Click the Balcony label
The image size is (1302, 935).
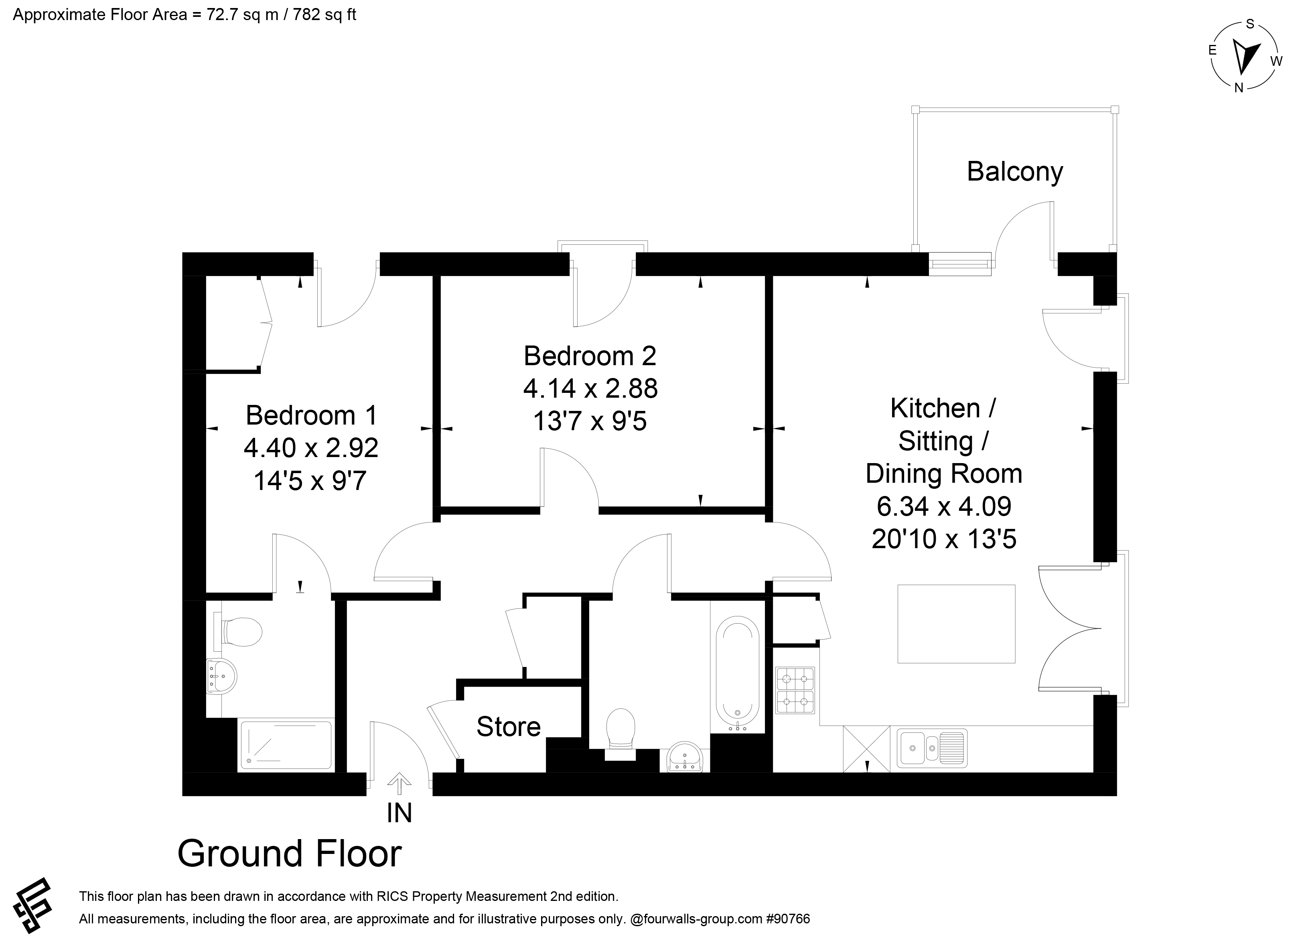(1014, 172)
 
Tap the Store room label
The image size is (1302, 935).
(509, 726)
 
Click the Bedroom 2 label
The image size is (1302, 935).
(590, 356)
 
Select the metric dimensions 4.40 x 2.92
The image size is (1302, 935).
(311, 448)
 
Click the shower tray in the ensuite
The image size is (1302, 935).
(285, 745)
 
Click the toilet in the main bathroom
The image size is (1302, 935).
(621, 734)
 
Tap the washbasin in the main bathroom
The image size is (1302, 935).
(685, 757)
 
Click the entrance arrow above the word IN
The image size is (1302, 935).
(399, 783)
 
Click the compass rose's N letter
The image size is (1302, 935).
(1239, 88)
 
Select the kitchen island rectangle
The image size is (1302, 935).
(956, 624)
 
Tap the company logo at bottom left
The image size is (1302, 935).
(32, 905)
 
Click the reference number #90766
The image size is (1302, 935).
(788, 919)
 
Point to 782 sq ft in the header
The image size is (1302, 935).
(324, 14)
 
